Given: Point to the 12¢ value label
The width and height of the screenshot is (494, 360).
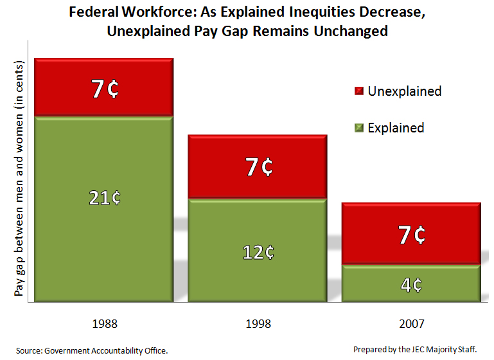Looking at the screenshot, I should coord(258,253).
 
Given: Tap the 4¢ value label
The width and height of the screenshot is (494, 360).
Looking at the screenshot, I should coord(412,284).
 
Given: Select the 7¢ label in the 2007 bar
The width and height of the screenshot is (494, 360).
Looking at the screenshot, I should coord(412,235).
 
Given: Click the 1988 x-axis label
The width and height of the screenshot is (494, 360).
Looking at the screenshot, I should coord(105,323).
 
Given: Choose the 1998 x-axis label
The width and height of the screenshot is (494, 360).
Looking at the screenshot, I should coord(258,323).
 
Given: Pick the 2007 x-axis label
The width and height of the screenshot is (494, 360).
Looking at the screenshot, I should coord(411,323).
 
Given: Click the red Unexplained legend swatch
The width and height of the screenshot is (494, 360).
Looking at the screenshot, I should coord(358,92).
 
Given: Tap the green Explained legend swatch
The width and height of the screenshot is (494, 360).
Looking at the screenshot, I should coord(358,128).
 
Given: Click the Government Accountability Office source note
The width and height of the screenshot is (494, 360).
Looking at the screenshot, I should coord(92,350).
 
